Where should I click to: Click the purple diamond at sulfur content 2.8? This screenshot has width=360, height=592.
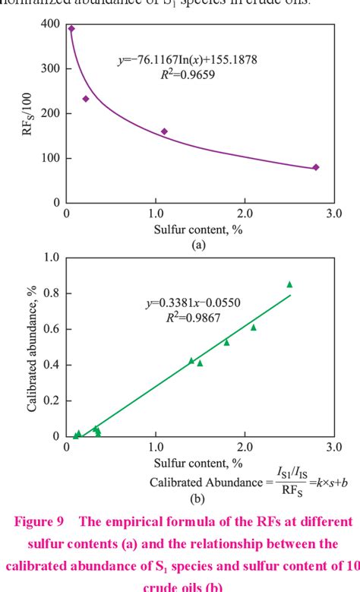coord(315,167)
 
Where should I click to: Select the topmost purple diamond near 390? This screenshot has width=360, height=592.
coord(71,29)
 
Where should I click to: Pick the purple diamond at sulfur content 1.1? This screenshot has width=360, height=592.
coord(164,131)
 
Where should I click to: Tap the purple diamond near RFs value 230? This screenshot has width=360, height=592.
coord(86,99)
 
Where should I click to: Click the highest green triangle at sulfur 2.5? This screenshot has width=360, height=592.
coord(289,284)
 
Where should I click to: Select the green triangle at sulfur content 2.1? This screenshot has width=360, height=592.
coord(254,328)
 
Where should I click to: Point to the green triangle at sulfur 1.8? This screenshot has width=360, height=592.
coord(226,342)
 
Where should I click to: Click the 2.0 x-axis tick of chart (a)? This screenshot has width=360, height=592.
coord(245,216)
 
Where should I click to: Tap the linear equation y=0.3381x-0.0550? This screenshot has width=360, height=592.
coord(193,303)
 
